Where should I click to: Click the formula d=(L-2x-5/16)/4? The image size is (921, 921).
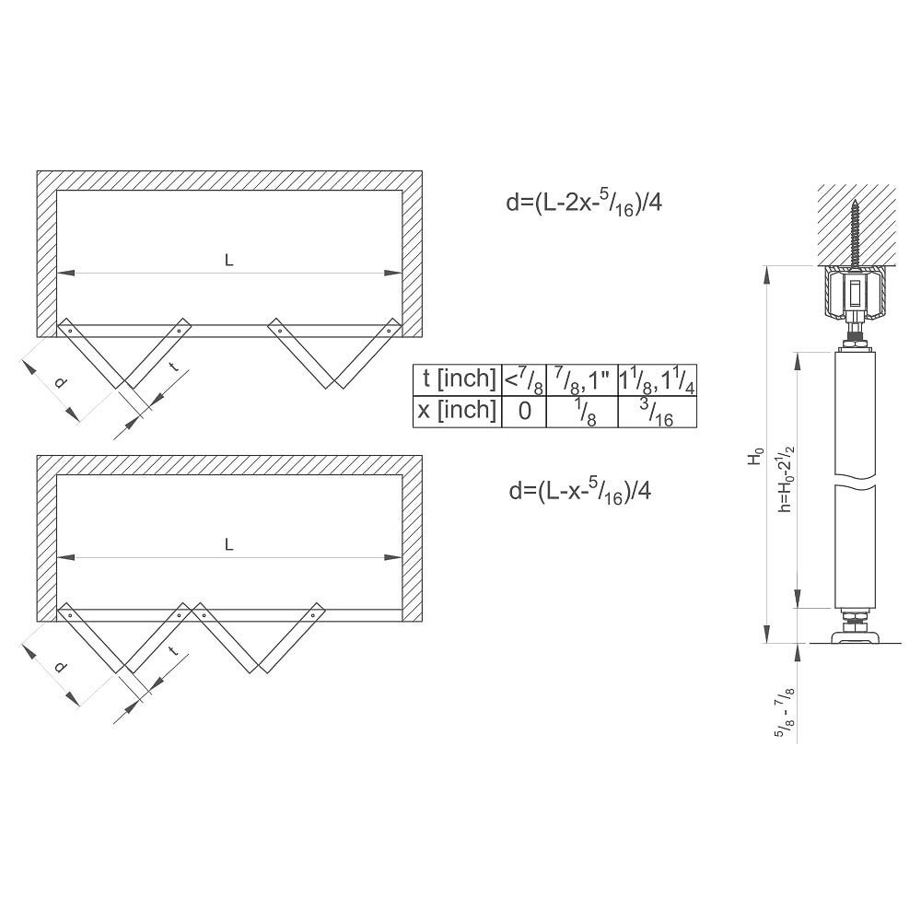[584, 204]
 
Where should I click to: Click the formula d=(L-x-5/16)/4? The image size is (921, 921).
[579, 491]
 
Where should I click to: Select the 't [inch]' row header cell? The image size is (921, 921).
[458, 379]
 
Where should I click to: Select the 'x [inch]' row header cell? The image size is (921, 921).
[458, 411]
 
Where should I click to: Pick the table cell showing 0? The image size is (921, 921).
[524, 411]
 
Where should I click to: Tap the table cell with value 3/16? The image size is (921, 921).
[658, 411]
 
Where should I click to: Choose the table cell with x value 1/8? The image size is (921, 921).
[582, 411]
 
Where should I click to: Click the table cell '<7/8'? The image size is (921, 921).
[524, 379]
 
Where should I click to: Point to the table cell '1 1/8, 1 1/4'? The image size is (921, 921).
[658, 379]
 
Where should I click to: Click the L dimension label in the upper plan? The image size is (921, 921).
[229, 261]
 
